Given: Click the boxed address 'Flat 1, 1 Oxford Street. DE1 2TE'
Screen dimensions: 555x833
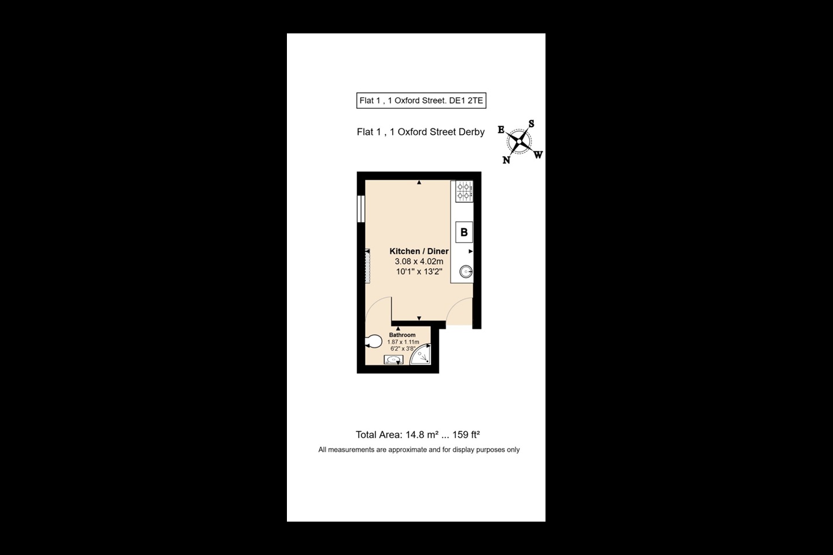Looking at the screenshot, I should pos(421,101).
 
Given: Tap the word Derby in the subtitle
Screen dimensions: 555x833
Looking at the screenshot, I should pos(471,132).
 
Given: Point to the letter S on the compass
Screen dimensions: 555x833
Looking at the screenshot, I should pos(531,124).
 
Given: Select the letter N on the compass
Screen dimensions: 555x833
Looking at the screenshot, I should pos(506,160).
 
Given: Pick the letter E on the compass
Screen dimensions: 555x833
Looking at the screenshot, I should pos(501,130).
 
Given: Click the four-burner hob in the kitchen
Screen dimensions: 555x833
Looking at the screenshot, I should pos(464,191).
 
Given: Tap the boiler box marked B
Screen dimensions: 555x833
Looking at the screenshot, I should pos(464,232).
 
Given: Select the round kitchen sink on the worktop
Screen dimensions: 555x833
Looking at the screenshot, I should pos(465,271).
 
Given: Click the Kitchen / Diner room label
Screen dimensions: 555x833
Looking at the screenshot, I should pos(419,251).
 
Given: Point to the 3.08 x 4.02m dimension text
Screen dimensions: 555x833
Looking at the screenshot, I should pos(419,261).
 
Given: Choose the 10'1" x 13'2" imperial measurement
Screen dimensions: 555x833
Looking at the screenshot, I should pos(419,272).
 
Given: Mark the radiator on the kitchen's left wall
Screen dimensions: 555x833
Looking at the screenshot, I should pos(367,266).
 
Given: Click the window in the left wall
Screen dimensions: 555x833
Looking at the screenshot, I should pos(361,209).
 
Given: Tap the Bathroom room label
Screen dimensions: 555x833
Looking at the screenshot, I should pos(402,335).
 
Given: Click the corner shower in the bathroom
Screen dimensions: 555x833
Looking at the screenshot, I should pos(422,356).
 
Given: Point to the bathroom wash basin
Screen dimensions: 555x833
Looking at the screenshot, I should pos(393,360).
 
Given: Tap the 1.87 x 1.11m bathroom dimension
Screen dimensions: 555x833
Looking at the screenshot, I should pos(403,342).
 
